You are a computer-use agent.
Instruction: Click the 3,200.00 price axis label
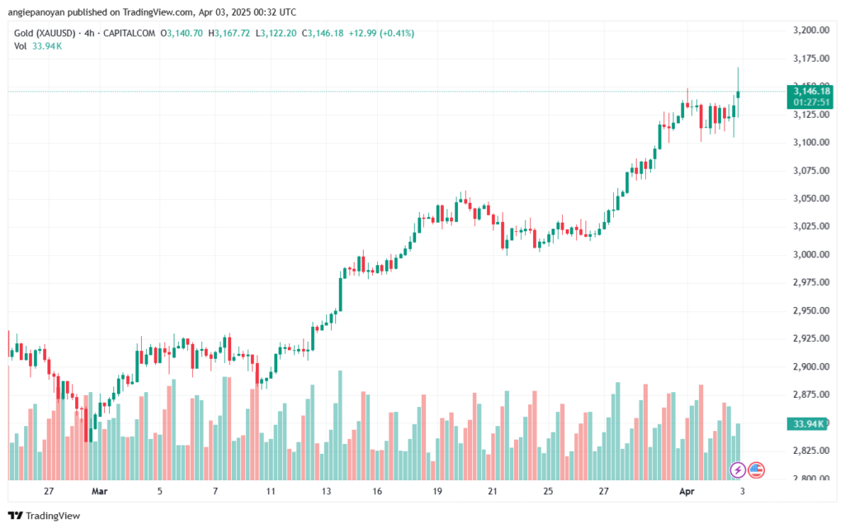pos(809,31)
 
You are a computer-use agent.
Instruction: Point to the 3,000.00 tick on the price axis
pos(809,254)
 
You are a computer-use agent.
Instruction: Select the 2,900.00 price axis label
pos(809,366)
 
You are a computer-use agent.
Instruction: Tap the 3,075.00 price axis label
pos(809,171)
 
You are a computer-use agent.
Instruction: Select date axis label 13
pos(326,491)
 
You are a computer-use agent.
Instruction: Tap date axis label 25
pos(548,491)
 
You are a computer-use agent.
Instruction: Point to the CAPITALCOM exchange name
pos(131,33)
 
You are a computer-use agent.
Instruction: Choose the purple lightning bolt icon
pos(739,470)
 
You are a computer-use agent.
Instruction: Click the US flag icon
pos(757,470)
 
